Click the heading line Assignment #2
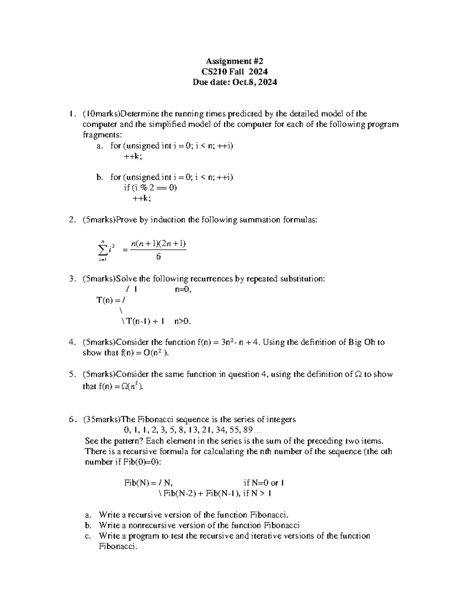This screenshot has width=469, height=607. coord(234,61)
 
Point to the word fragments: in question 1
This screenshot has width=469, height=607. coord(102,135)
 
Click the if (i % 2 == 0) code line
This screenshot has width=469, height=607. coord(150,188)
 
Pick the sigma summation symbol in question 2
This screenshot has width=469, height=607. coord(103,249)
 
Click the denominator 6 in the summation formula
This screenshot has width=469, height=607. coord(158,257)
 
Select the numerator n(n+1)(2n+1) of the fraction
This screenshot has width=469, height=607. coord(158,244)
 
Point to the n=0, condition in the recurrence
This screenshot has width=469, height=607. coord(183,290)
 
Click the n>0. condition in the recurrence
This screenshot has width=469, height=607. coord(183,321)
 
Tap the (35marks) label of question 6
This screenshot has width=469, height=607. coord(102,419)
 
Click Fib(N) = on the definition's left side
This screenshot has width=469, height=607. coord(139,483)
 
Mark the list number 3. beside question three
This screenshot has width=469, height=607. coord(72,279)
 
